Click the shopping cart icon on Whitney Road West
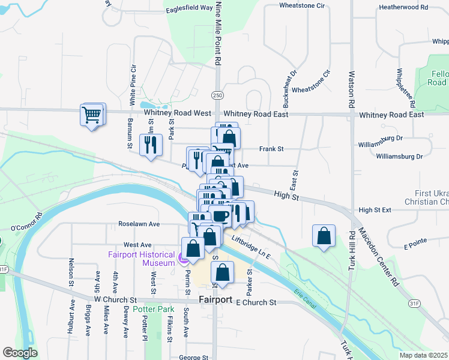[91, 114]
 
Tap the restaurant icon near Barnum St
[149, 144]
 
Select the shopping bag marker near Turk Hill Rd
[324, 236]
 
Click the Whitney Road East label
[256, 114]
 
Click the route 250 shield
[217, 95]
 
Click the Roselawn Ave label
[139, 224]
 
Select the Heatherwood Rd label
[403, 8]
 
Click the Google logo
[20, 353]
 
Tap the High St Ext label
[375, 210]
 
